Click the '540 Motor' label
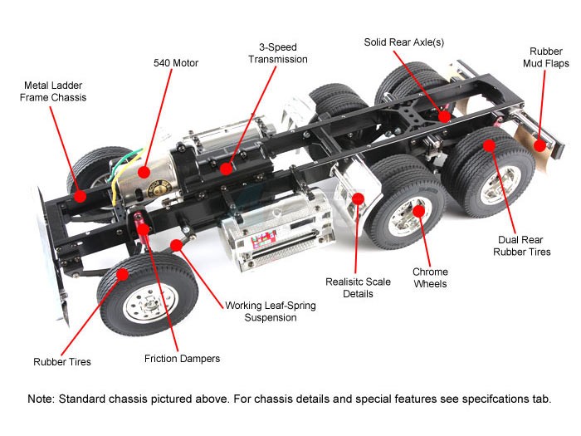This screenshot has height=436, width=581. pyautogui.click(x=176, y=62)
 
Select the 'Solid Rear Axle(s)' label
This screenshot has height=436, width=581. pyautogui.click(x=404, y=42)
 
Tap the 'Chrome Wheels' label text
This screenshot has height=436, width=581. pyautogui.click(x=430, y=277)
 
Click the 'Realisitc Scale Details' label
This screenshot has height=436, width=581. pyautogui.click(x=358, y=287)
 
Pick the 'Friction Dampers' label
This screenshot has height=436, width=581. pyautogui.click(x=182, y=359)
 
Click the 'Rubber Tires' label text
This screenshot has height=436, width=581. pyautogui.click(x=62, y=361)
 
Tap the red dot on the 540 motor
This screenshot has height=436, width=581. pyautogui.click(x=144, y=172)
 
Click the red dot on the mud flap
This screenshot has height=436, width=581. pyautogui.click(x=540, y=146)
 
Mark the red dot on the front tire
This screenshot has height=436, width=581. pyautogui.click(x=123, y=273)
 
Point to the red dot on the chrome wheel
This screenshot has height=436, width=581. pyautogui.click(x=419, y=211)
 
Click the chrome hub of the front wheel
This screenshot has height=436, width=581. pyautogui.click(x=138, y=306)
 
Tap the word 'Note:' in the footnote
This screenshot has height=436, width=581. pyautogui.click(x=42, y=399)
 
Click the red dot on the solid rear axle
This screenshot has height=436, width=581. pyautogui.click(x=445, y=115)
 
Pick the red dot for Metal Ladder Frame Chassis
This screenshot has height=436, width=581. pyautogui.click(x=79, y=197)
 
